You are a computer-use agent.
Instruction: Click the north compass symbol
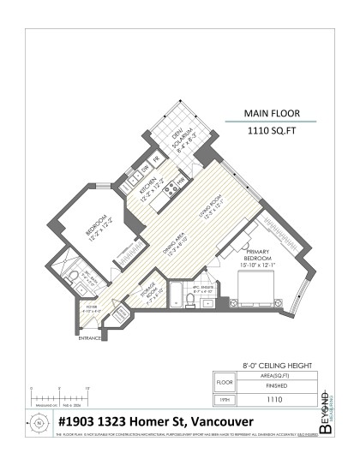(39, 421)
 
